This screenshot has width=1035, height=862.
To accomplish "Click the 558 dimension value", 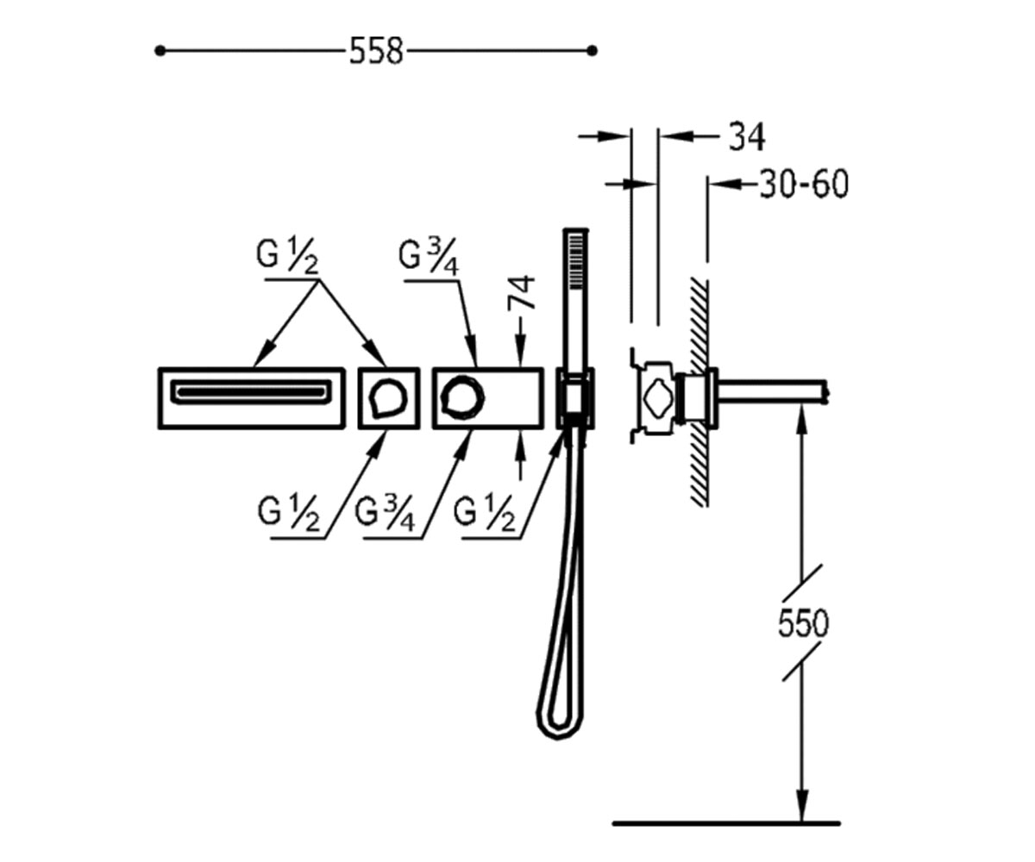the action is [376, 51].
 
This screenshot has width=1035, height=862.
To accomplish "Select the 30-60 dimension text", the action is [804, 184].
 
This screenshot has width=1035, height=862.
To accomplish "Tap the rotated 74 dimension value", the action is [522, 293].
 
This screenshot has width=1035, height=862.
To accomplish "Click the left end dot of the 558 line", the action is [160, 51].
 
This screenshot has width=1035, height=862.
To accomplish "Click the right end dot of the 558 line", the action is [592, 51].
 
